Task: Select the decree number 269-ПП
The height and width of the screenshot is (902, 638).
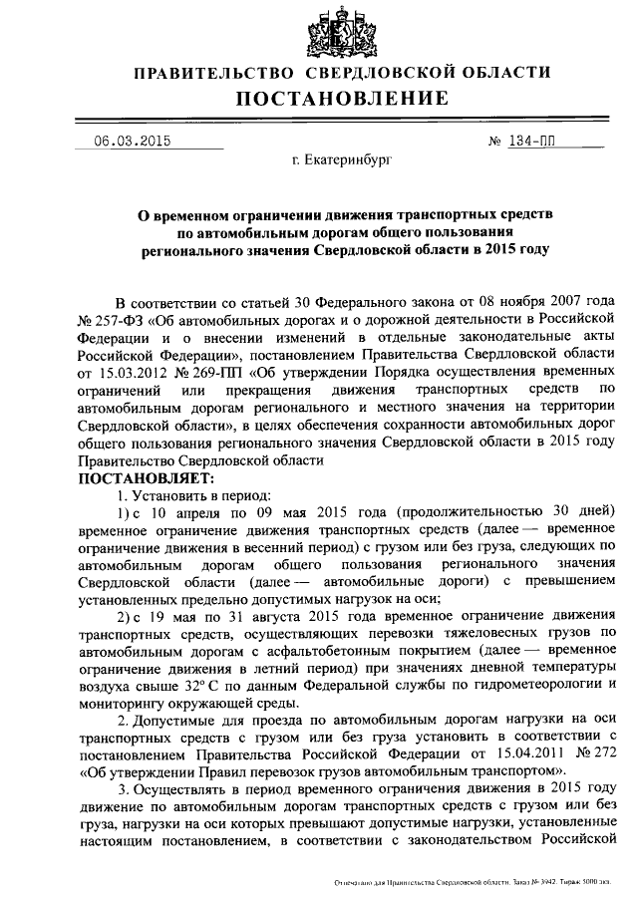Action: [219, 371]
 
